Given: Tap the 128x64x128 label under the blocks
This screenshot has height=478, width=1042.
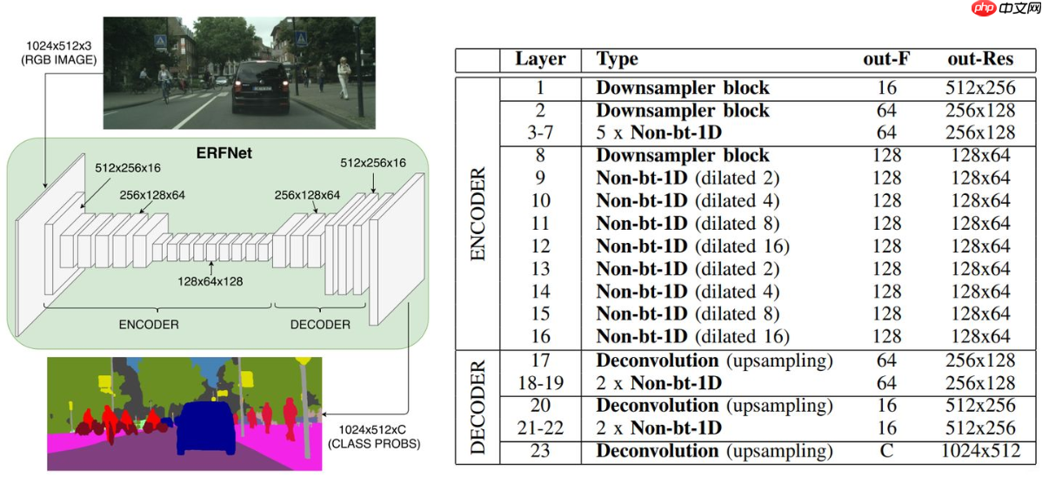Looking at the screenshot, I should pyautogui.click(x=210, y=281).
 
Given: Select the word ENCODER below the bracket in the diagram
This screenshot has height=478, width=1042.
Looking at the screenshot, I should pyautogui.click(x=149, y=324).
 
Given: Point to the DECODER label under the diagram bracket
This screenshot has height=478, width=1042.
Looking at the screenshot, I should pyautogui.click(x=320, y=324).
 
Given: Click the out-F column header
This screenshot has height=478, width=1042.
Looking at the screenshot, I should pyautogui.click(x=886, y=59).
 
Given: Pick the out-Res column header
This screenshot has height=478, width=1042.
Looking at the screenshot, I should pyautogui.click(x=979, y=59).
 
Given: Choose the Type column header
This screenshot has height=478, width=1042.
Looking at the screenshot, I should pyautogui.click(x=618, y=59).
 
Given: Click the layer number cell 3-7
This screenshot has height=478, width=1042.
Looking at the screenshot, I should pyautogui.click(x=540, y=133).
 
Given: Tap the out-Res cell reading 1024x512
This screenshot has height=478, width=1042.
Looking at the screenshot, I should pyautogui.click(x=979, y=451).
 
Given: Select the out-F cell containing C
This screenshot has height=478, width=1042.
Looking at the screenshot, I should pyautogui.click(x=886, y=451).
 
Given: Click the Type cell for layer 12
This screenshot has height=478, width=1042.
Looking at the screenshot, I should pyautogui.click(x=692, y=246).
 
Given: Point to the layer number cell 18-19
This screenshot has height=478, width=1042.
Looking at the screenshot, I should pyautogui.click(x=540, y=383).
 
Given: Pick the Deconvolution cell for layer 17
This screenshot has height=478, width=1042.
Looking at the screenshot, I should pyautogui.click(x=714, y=360).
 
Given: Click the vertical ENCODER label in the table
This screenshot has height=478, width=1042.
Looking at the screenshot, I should pyautogui.click(x=478, y=212).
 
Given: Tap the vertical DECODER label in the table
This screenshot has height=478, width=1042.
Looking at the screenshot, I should pyautogui.click(x=478, y=406).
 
